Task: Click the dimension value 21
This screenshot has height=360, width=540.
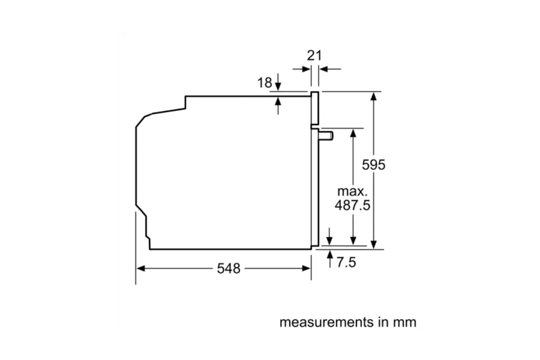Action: (315, 56)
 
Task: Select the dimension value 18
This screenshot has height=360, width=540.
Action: (265, 83)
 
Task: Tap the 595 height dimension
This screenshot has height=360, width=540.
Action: (373, 165)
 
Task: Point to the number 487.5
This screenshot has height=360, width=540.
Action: (352, 205)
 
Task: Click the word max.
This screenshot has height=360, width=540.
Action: (352, 191)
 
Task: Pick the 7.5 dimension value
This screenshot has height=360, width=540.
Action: (346, 262)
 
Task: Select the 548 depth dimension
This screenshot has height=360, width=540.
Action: (229, 268)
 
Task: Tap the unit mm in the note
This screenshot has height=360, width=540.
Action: (405, 323)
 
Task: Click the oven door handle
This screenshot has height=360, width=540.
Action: (326, 136)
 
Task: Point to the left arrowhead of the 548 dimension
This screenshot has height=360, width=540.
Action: (141, 268)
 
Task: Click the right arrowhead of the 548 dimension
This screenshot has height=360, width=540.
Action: (306, 268)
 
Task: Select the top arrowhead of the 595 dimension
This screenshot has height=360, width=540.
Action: (373, 97)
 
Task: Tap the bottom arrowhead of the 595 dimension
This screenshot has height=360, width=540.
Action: (373, 244)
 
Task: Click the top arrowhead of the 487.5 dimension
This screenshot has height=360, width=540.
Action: (353, 133)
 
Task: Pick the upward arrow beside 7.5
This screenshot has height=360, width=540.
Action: (330, 259)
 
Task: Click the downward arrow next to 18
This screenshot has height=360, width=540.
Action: (278, 82)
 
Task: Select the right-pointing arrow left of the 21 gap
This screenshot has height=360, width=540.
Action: (301, 69)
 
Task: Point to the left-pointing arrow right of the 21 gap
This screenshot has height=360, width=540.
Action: (330, 69)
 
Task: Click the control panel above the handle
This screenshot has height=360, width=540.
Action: (315, 108)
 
